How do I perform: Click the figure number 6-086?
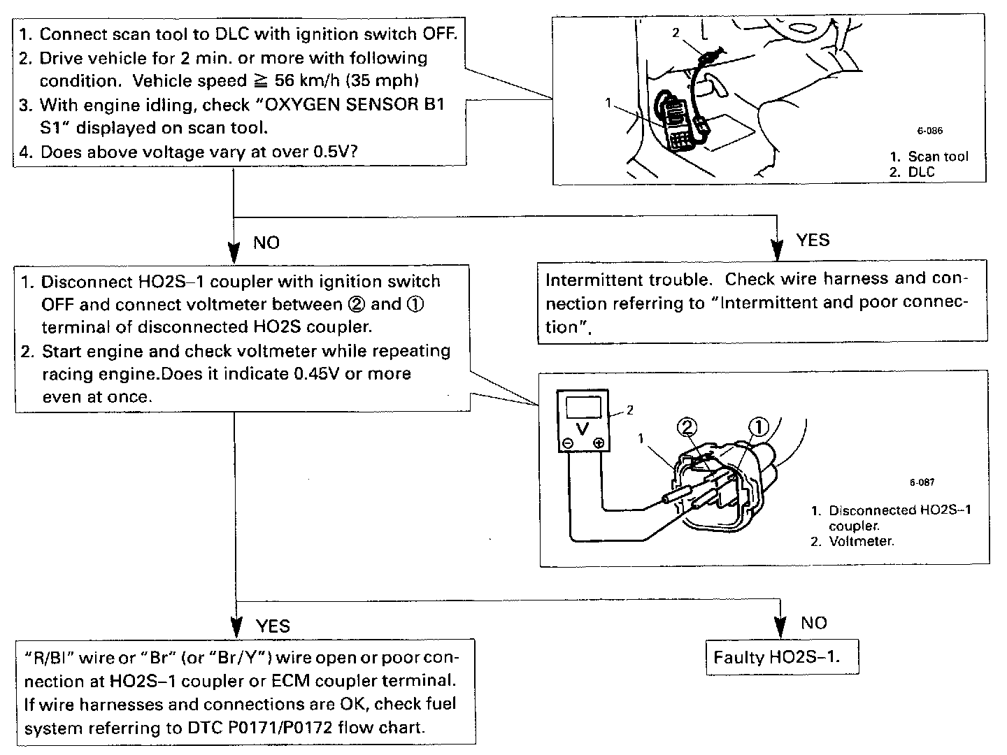pyautogui.click(x=930, y=131)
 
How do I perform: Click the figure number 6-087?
pyautogui.click(x=922, y=482)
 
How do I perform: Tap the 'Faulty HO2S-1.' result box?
pyautogui.click(x=781, y=657)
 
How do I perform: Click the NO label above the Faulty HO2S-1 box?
pyautogui.click(x=813, y=623)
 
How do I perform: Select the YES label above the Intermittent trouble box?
pyautogui.click(x=813, y=240)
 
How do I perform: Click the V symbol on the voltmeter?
pyautogui.click(x=582, y=426)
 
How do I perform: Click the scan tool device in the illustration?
pyautogui.click(x=674, y=122)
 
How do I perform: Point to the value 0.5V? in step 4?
pyautogui.click(x=332, y=152)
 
